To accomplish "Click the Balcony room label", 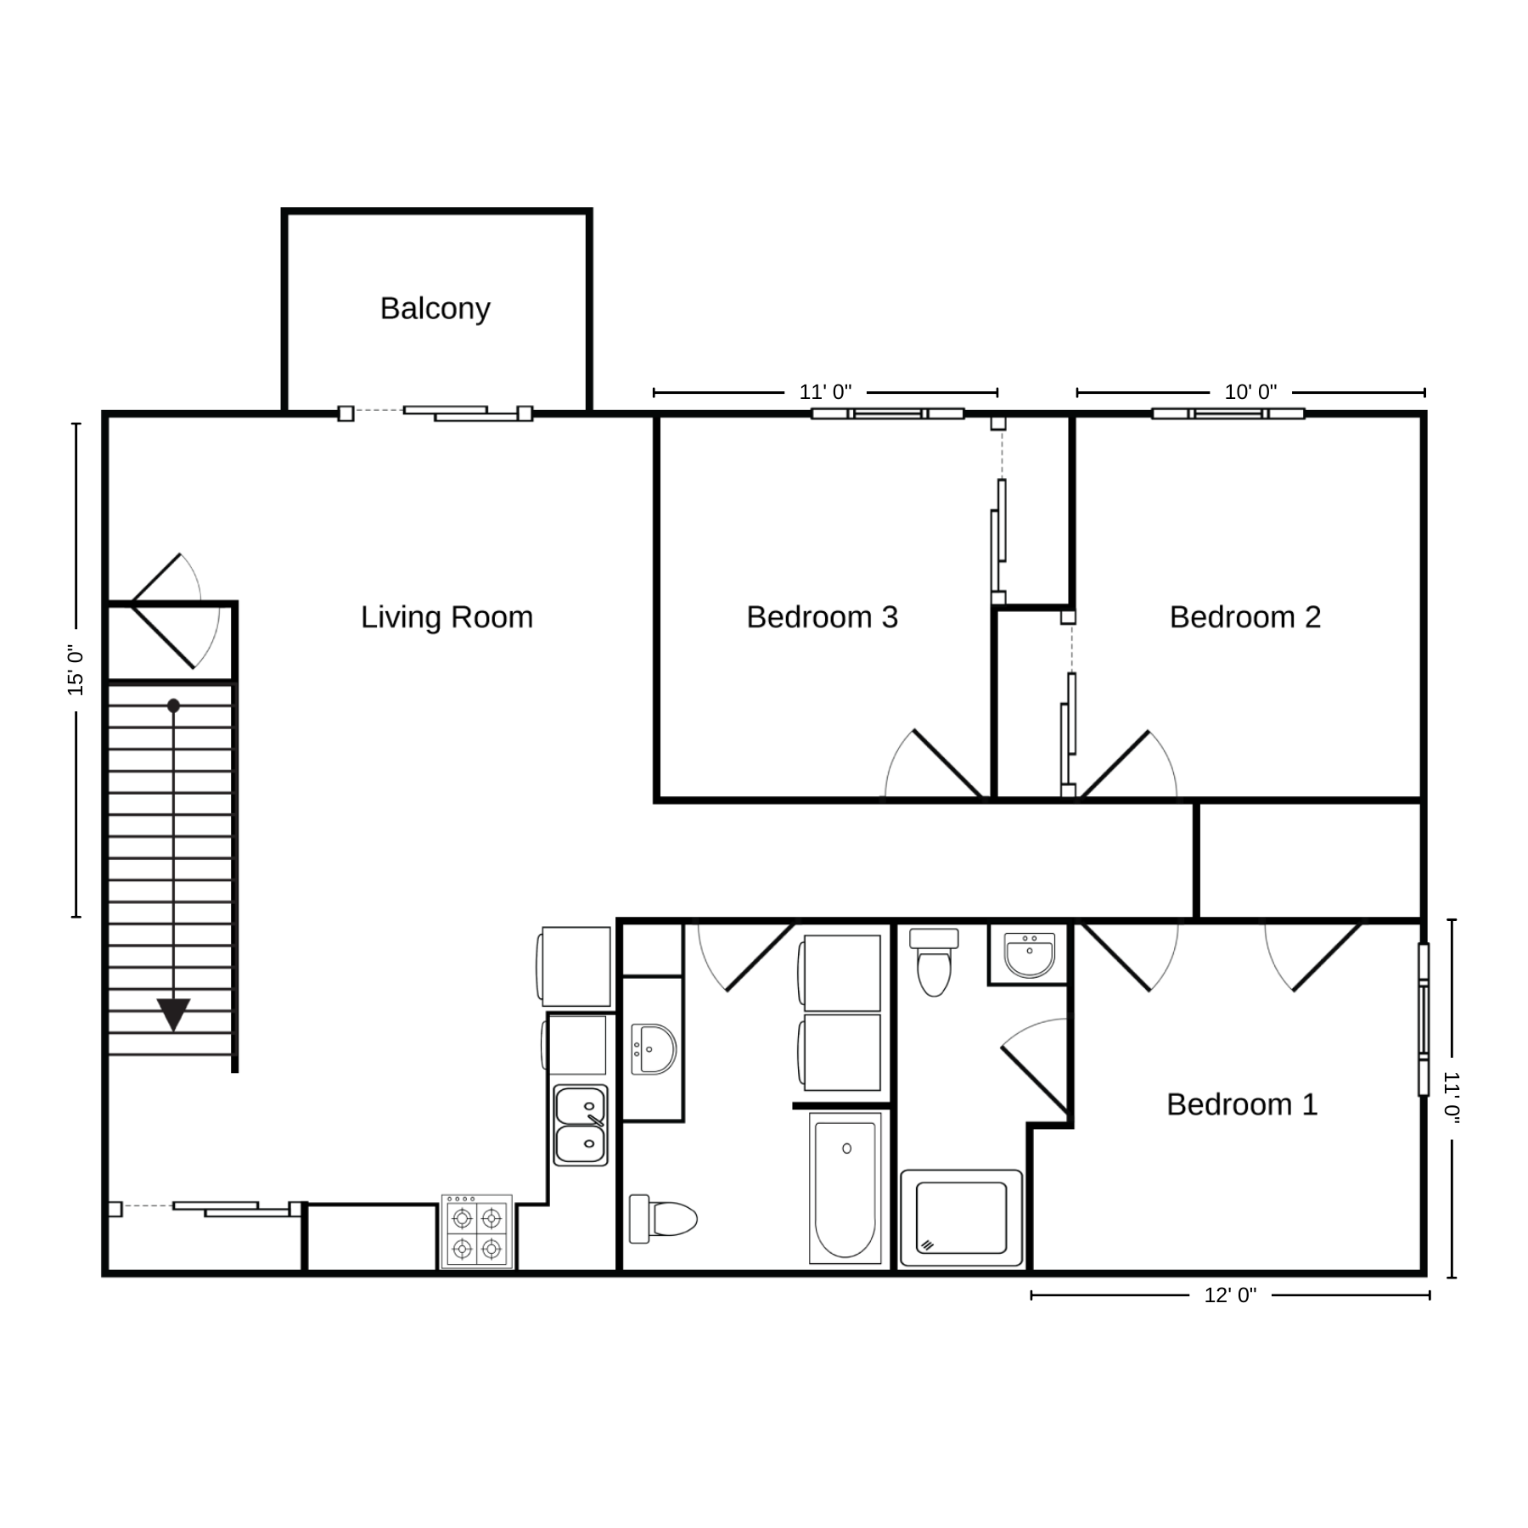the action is click(x=435, y=309).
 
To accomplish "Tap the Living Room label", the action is click(x=447, y=617).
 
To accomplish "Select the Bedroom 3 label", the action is click(x=822, y=617).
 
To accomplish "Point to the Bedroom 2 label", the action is click(x=1245, y=617).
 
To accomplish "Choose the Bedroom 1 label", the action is click(x=1242, y=1104).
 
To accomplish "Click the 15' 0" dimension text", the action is click(x=76, y=670).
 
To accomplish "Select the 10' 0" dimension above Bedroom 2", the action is click(x=1250, y=392).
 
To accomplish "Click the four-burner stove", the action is click(x=476, y=1232).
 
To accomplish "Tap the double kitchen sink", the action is click(x=581, y=1126).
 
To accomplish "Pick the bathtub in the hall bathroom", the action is click(x=845, y=1188).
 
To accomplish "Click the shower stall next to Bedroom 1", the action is click(x=961, y=1218).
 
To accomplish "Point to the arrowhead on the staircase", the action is click(x=173, y=1014).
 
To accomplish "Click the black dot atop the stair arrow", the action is click(x=173, y=705).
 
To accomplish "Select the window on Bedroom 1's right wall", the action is click(x=1424, y=1020).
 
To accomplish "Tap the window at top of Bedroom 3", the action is click(x=888, y=413).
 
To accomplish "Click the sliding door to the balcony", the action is click(x=435, y=413).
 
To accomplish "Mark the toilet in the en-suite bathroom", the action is click(x=934, y=962).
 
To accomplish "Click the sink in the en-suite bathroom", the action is click(x=1029, y=955).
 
